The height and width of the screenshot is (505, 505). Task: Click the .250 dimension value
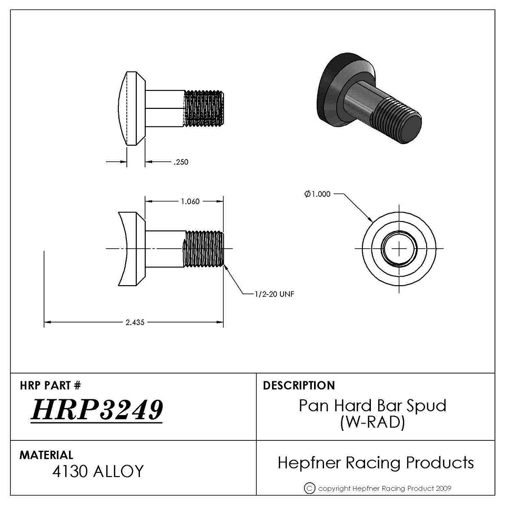tap(181, 162)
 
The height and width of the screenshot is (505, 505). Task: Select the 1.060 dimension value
tap(190, 201)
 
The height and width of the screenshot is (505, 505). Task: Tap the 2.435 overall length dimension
tap(135, 322)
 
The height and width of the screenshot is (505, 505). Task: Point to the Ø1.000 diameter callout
tap(318, 194)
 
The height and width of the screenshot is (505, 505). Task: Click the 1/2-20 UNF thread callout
tap(275, 294)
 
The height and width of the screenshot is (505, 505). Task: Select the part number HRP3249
tap(97, 410)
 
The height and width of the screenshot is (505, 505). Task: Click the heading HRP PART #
tap(50, 385)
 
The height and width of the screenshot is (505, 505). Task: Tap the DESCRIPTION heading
tap(299, 385)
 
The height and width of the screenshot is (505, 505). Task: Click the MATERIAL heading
tap(46, 454)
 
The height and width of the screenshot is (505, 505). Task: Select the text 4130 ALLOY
tap(98, 471)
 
